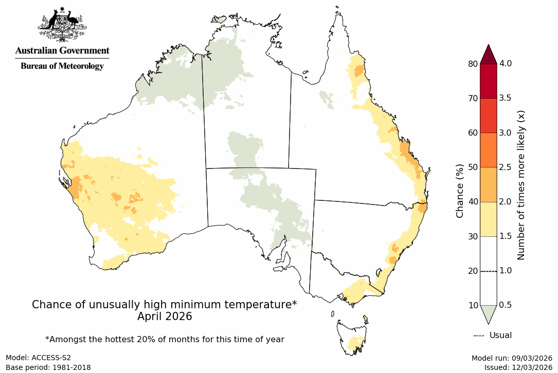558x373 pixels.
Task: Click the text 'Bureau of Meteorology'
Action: pos(62,66)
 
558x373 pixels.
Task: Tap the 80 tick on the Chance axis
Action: pos(473,64)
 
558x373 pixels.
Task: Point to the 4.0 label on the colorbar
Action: pos(507,64)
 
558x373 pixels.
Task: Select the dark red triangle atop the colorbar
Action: pos(488,54)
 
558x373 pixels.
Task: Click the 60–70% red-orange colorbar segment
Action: pos(488,116)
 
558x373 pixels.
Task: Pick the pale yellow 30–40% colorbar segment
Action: pos(488,219)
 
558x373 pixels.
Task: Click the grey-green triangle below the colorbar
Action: pos(488,313)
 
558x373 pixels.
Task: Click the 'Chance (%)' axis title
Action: pos(460,191)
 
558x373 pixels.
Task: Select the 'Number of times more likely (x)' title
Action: pos(520,184)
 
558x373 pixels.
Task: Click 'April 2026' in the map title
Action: pos(165,316)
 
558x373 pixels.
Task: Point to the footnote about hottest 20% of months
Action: pos(165,339)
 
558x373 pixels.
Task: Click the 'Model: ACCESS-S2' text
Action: pos(38,358)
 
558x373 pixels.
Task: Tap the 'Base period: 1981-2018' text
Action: pos(48,367)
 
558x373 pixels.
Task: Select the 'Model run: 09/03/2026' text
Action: pos(512,358)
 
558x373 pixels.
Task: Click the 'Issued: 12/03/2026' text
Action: pos(518,367)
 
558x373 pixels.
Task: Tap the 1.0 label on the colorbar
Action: pos(507,271)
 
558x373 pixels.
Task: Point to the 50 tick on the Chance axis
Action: pos(473,167)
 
